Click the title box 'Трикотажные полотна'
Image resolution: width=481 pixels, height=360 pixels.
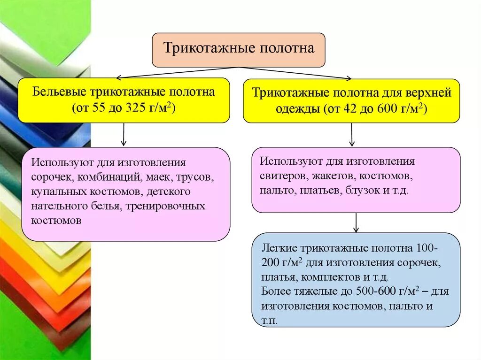click(239, 49)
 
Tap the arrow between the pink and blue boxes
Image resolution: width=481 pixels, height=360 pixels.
click(356, 222)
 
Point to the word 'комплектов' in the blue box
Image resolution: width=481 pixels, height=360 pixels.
click(333, 276)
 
